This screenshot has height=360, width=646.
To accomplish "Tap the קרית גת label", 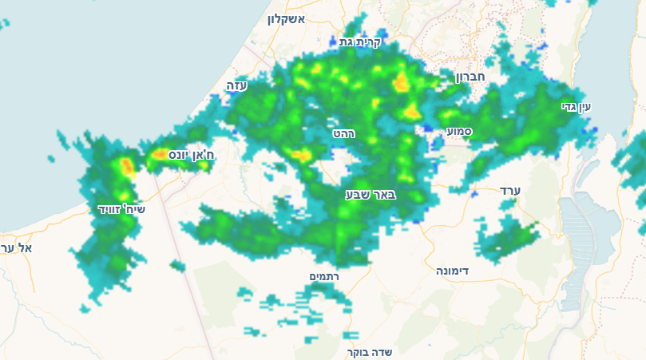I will tap(361, 42).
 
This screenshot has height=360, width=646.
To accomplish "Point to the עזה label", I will tap(237, 85).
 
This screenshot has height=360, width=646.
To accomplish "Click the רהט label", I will tap(344, 133).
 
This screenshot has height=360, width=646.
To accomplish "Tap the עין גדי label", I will tap(575, 106).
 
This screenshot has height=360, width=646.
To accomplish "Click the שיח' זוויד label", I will tap(121, 209).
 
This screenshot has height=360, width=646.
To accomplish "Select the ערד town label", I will tap(509, 190).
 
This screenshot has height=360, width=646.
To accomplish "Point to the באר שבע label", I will tap(371, 194).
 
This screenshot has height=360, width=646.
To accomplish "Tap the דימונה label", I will tap(452, 271).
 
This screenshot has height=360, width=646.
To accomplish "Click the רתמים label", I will tap(324, 276).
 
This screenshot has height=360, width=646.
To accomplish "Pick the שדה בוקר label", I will tap(370, 351).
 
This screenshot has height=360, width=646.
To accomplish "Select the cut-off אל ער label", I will tap(17, 248).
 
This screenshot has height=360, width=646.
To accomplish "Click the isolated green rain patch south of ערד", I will tap(508, 239).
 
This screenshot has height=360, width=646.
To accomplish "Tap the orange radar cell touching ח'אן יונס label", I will tap(160, 153).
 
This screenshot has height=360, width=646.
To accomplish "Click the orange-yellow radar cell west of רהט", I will tap(300, 154).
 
